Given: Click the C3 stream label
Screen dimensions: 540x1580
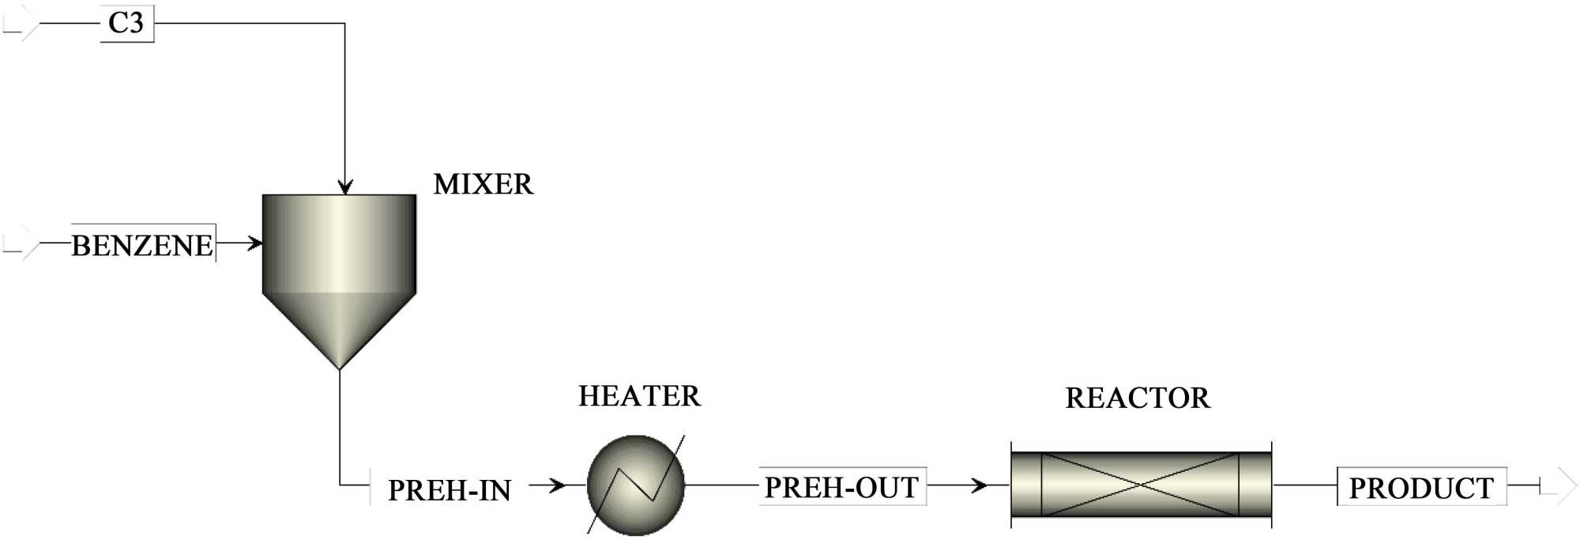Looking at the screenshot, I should [x=126, y=23].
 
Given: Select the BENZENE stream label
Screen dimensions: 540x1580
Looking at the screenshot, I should [x=142, y=245].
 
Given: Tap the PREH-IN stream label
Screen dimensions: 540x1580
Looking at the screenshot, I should [x=450, y=490].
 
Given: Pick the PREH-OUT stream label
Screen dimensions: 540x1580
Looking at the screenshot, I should [x=841, y=487].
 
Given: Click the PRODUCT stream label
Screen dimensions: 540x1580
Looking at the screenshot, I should [x=1421, y=488].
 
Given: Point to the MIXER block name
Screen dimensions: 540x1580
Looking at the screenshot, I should [x=483, y=184].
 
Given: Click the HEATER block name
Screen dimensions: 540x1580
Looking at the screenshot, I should [x=639, y=396].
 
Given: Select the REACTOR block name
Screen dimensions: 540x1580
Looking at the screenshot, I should [x=1138, y=398].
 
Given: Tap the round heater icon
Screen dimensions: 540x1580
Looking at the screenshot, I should [x=636, y=485].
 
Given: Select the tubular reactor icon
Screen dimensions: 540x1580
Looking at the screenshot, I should [x=1141, y=485].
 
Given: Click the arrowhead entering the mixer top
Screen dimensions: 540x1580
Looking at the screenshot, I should [x=344, y=187].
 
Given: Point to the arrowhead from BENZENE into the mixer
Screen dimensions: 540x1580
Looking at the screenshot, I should [x=254, y=243].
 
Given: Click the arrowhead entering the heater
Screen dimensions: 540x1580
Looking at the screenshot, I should [x=558, y=485].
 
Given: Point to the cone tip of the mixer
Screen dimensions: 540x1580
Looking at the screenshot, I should [x=339, y=368].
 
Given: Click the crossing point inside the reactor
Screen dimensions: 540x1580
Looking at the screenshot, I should [x=1140, y=485].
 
